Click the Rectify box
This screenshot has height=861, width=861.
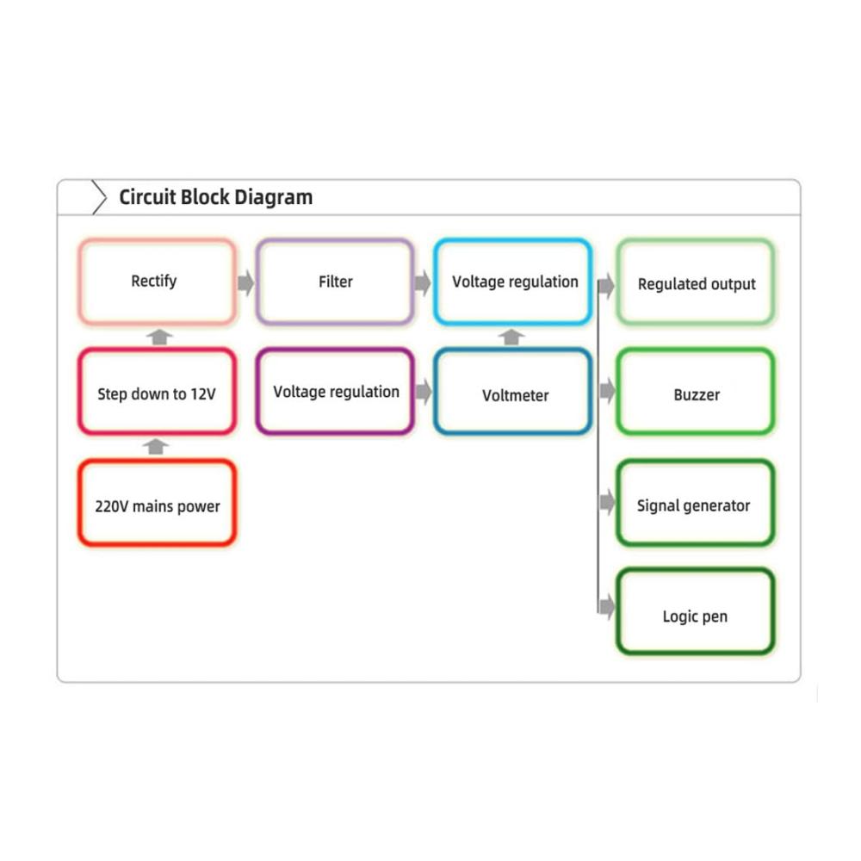point(156,282)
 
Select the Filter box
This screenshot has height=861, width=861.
point(335,282)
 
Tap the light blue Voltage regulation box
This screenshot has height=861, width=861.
point(514,282)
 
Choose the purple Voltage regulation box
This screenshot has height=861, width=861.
point(335,392)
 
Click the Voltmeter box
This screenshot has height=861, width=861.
point(514,393)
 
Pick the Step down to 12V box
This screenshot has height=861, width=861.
point(156,393)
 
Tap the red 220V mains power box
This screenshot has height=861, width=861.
point(156,504)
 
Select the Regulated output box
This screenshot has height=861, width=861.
point(696,282)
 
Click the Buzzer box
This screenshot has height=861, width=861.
point(696,393)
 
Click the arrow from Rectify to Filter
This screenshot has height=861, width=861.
point(246,282)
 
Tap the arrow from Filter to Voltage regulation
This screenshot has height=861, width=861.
point(423,282)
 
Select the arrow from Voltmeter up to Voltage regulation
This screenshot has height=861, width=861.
point(512,337)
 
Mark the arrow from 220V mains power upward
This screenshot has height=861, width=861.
point(156,446)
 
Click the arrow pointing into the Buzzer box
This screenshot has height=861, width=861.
point(607,392)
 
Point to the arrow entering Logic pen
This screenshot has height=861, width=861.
point(607,607)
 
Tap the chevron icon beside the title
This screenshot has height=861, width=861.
point(99,198)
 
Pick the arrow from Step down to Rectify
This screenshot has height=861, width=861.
point(158,337)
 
